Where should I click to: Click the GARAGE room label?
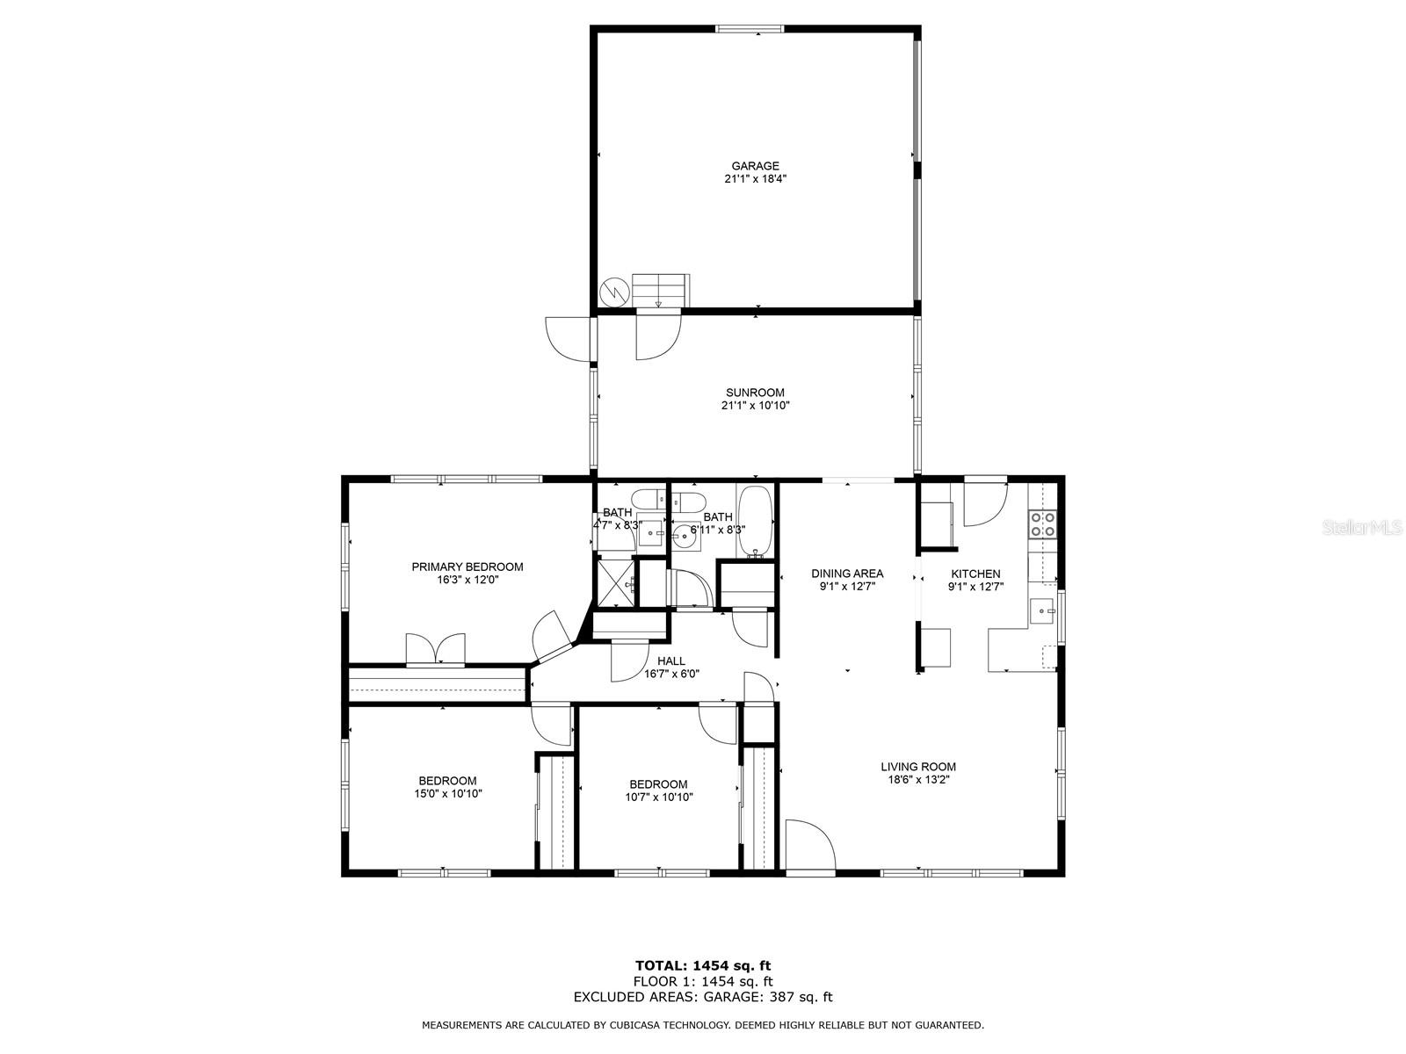pyautogui.click(x=755, y=166)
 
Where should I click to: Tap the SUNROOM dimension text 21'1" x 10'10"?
pyautogui.click(x=755, y=405)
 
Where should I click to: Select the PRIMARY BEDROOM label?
pyautogui.click(x=467, y=567)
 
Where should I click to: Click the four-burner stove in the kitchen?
pyautogui.click(x=1043, y=523)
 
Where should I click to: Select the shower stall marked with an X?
pyautogui.click(x=617, y=582)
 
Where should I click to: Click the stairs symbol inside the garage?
pyautogui.click(x=661, y=291)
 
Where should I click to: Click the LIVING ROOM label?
pyautogui.click(x=918, y=766)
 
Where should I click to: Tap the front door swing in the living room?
pyautogui.click(x=810, y=844)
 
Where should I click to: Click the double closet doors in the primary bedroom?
pyautogui.click(x=436, y=648)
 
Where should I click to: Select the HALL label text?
pyautogui.click(x=671, y=661)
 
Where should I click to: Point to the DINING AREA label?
pyautogui.click(x=847, y=574)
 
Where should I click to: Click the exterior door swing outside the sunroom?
pyautogui.click(x=568, y=339)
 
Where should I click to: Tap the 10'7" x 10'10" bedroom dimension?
pyautogui.click(x=659, y=797)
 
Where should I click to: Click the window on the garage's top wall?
pyautogui.click(x=750, y=29)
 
